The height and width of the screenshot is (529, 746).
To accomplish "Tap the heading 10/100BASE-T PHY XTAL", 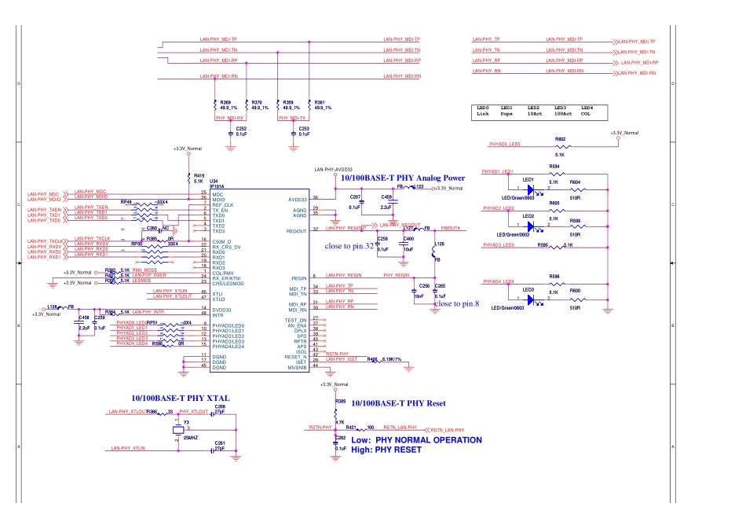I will (180, 399).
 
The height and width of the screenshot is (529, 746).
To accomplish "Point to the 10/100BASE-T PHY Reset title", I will (398, 403).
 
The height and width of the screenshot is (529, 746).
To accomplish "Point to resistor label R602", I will (560, 138).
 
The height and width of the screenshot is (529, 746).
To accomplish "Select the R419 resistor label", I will (199, 175).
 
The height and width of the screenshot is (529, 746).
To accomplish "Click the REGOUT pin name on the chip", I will (297, 230).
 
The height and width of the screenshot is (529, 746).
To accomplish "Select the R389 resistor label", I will (340, 402).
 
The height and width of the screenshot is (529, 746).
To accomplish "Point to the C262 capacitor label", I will (341, 436).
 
